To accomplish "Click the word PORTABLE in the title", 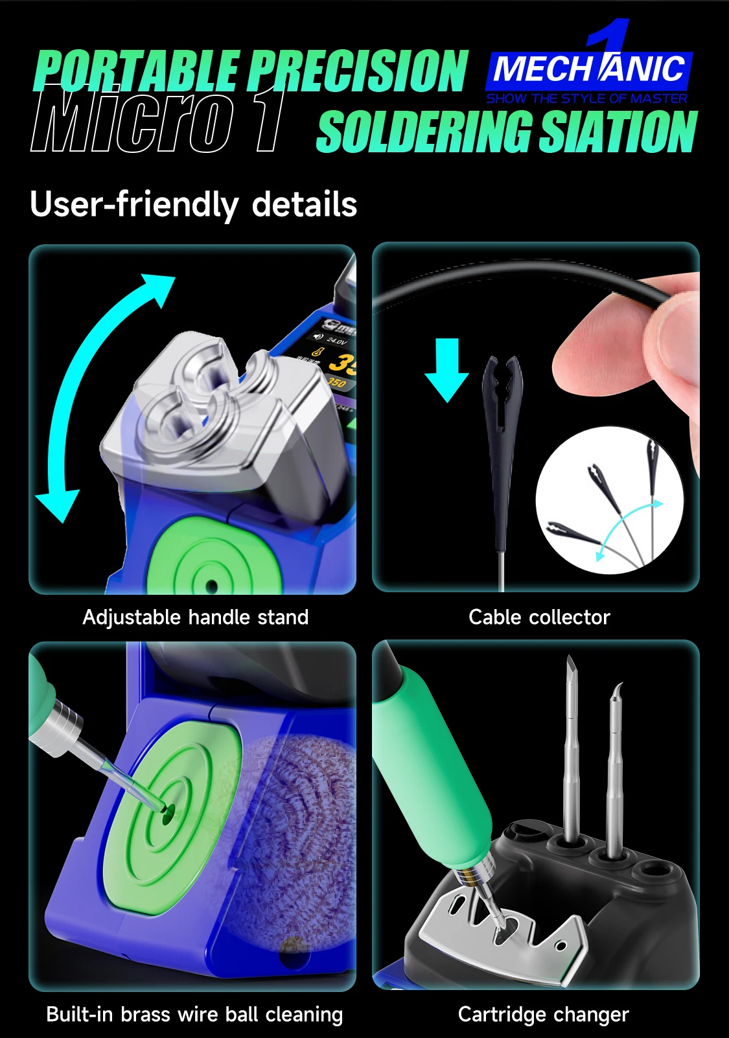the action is [x=137, y=71].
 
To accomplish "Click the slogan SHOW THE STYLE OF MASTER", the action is [x=586, y=98].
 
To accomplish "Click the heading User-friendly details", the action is [x=193, y=204].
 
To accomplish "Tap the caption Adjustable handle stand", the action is [x=195, y=617].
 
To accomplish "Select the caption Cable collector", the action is [x=539, y=617].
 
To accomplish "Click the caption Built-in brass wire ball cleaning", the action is [x=194, y=1015].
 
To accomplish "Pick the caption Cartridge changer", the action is [x=543, y=1015].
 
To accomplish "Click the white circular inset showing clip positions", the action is [x=609, y=500].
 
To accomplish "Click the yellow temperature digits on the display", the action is [x=342, y=362].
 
